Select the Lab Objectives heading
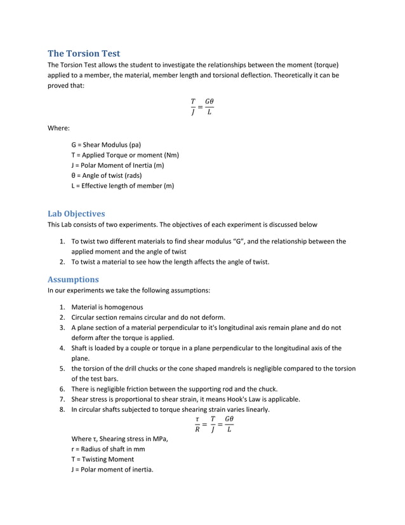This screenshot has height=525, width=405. [76, 214]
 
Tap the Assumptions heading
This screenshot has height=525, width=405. [73, 279]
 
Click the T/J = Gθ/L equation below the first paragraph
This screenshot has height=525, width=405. [202, 107]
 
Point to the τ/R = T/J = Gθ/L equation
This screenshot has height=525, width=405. [214, 424]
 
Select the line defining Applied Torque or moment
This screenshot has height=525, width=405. [124, 155]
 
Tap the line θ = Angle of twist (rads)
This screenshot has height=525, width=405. [107, 175]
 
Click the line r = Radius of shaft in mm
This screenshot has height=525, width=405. [108, 449]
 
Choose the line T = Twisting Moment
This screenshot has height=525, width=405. [102, 459]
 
